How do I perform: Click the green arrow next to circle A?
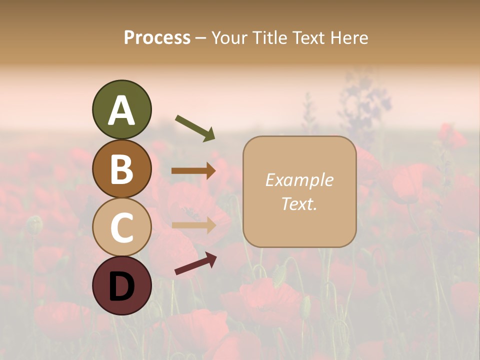pos(195,127)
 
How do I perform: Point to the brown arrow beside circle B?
pos(193,170)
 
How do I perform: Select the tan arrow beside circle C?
pos(193,224)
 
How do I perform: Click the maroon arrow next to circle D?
pos(195,263)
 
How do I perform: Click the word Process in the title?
pos(157,37)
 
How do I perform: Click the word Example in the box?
pos(299,180)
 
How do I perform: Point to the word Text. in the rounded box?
pos(299,203)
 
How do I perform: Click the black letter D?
pos(121,286)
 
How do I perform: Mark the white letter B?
pos(121,169)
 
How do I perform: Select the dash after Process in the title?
pos(200,38)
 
